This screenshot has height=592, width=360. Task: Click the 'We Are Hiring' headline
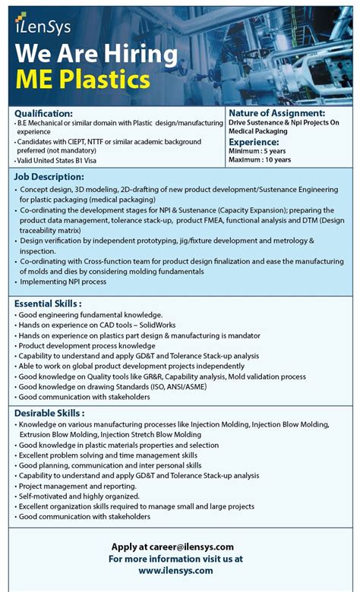[x=96, y=54]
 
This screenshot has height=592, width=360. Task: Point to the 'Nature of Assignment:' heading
[x=277, y=113]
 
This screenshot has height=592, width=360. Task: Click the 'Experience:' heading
[x=254, y=141]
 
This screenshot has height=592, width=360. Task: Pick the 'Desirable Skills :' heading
[x=49, y=413]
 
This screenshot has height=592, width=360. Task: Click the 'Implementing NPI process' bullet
[x=64, y=282]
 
